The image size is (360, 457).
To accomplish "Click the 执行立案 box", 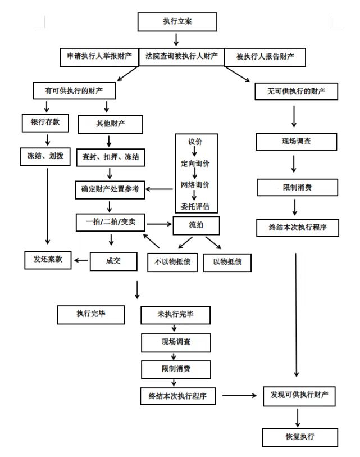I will pyautogui.click(x=177, y=22).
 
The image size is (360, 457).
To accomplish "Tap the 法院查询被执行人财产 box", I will pyautogui.click(x=181, y=56).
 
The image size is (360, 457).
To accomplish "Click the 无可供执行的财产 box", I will pyautogui.click(x=297, y=91).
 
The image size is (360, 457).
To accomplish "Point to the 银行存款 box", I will pyautogui.click(x=44, y=123).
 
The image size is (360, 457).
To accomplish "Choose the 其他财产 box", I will pyautogui.click(x=110, y=124).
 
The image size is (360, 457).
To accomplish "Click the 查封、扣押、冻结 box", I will pyautogui.click(x=110, y=158).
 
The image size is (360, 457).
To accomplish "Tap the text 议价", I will pyautogui.click(x=195, y=141).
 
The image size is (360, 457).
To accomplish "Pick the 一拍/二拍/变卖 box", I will pyautogui.click(x=110, y=222).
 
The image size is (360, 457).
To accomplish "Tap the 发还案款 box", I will pyautogui.click(x=48, y=259).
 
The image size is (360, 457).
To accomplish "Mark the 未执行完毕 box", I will pyautogui.click(x=176, y=315).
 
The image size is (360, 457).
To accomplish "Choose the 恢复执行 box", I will pyautogui.click(x=300, y=437).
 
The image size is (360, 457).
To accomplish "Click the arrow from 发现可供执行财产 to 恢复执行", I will pyautogui.click(x=298, y=417).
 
